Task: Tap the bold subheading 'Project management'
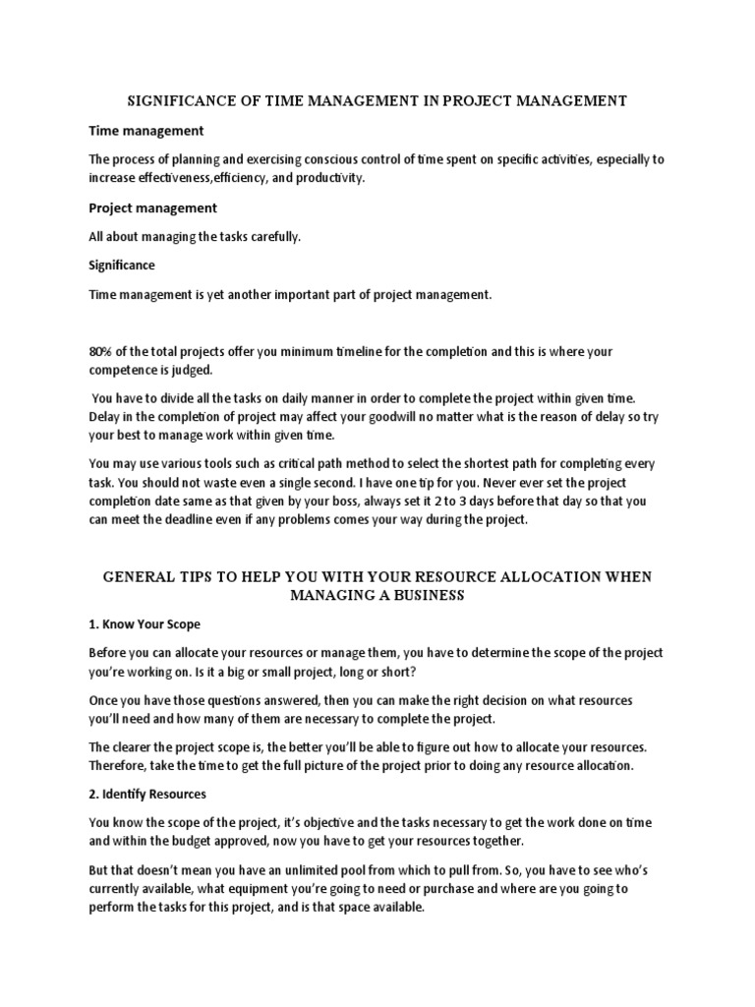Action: pos(152,207)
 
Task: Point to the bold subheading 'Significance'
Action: pos(122,266)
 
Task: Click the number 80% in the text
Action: pos(102,351)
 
